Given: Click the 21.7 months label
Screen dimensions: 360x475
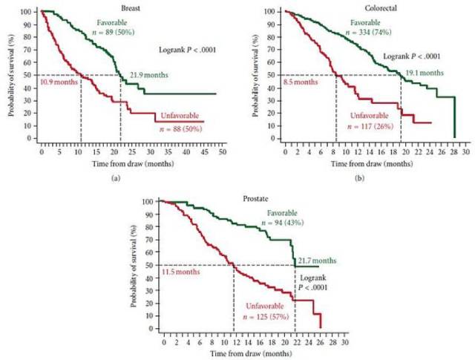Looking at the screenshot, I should click(x=317, y=261).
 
